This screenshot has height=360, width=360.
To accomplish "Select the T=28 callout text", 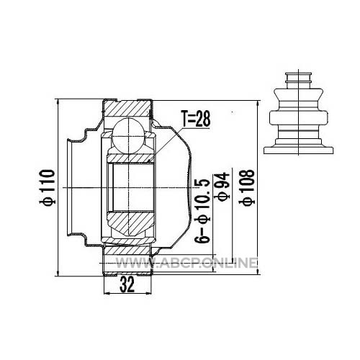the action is [x=196, y=119].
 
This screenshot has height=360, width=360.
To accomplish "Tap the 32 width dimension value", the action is [x=127, y=285].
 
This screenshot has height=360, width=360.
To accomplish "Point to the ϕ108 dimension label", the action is [x=247, y=188].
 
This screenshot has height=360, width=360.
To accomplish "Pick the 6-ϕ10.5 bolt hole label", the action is [x=202, y=211].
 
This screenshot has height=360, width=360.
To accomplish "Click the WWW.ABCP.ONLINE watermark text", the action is [x=186, y=263].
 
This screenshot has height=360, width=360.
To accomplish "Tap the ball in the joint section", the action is [x=129, y=135].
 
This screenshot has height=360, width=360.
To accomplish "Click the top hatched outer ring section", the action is [x=127, y=109].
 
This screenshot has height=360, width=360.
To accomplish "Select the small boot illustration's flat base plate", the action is [x=298, y=150].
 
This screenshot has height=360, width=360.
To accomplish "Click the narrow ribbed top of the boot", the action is [x=298, y=78].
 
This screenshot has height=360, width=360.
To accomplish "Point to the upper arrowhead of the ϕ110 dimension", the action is [x=58, y=102].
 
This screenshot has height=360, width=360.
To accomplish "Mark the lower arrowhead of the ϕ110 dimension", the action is [x=58, y=273].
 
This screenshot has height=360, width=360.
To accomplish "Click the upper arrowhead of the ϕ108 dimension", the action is [x=258, y=104].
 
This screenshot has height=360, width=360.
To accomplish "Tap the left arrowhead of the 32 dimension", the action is [x=107, y=293].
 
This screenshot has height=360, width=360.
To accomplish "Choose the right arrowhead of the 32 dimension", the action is [x=148, y=293].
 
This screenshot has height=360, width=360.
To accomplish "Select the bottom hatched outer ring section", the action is [x=127, y=251].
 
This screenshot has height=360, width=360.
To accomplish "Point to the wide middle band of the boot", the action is [x=298, y=117].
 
